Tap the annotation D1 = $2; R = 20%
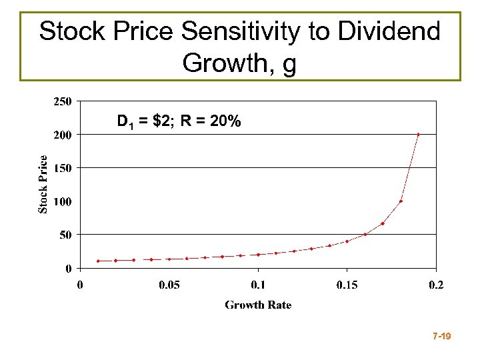tap(179, 122)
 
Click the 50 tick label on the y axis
tap(66, 235)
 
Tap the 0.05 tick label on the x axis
tap(169, 285)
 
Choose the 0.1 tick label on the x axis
tap(258, 285)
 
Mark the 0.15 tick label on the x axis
tap(347, 285)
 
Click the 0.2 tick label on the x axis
tap(435, 285)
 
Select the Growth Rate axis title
tap(258, 305)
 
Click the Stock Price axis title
tap(43, 185)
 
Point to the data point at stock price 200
tap(418, 135)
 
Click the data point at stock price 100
tap(401, 201)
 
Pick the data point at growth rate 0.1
tap(258, 255)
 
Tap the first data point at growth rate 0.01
tap(98, 261)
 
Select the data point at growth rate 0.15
tap(347, 241)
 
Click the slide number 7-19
tap(441, 337)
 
